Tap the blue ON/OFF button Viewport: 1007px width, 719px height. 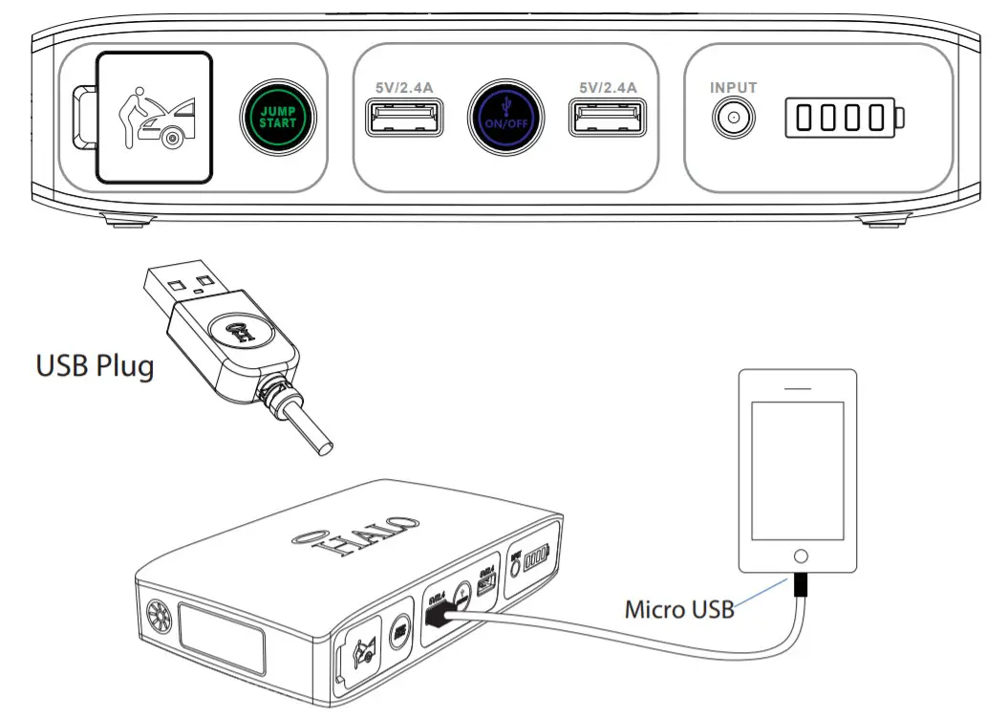point(505,117)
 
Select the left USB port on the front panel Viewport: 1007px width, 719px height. point(402,118)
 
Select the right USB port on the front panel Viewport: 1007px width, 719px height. point(608,118)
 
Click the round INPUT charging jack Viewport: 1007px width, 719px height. point(734,119)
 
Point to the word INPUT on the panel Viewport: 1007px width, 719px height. point(734,88)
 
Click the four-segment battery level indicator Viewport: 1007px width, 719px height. point(844,118)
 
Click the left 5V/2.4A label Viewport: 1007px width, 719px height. point(402,87)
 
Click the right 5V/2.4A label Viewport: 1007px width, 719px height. point(608,87)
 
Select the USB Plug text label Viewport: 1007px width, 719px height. point(94,366)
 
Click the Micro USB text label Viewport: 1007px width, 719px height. point(678,608)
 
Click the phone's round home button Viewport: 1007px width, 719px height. point(801,556)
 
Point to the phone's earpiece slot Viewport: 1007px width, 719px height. point(800,389)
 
